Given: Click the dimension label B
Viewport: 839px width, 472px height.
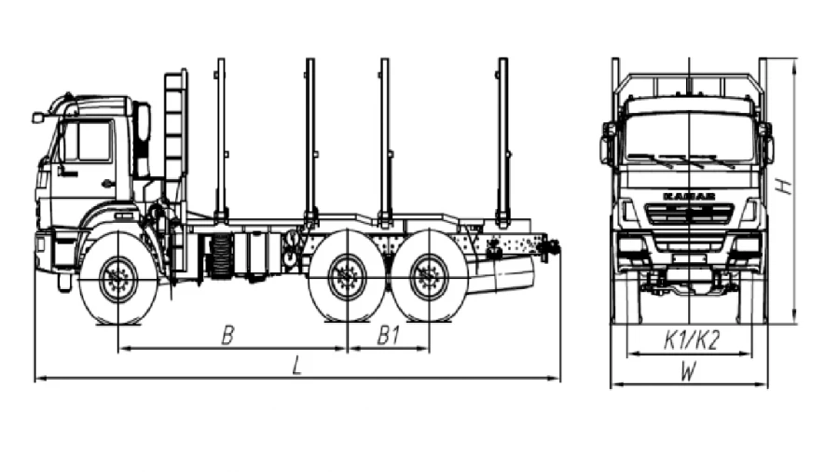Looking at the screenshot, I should [x=227, y=337].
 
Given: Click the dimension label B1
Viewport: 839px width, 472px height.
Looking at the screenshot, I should [x=389, y=337].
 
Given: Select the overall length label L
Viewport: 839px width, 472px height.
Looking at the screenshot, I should [x=296, y=367].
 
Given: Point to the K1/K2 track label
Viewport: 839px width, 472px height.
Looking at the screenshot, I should [x=691, y=341].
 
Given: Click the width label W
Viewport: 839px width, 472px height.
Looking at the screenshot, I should [x=688, y=371].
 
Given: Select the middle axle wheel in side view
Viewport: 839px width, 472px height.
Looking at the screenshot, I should [x=347, y=276].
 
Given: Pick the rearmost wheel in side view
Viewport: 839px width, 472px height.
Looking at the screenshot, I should [x=429, y=276].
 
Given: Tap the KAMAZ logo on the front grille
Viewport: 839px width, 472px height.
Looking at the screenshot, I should [x=689, y=196].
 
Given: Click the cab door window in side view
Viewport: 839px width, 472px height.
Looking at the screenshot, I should [x=89, y=142].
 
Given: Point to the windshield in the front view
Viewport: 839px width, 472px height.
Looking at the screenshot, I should [x=690, y=137].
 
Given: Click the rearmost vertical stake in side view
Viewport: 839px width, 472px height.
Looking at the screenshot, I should [x=502, y=140].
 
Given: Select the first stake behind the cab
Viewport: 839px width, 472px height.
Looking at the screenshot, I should [x=221, y=140].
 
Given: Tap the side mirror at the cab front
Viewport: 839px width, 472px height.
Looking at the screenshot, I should [x=38, y=118].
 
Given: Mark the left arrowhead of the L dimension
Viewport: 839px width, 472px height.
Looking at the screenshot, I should [x=36, y=379].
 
